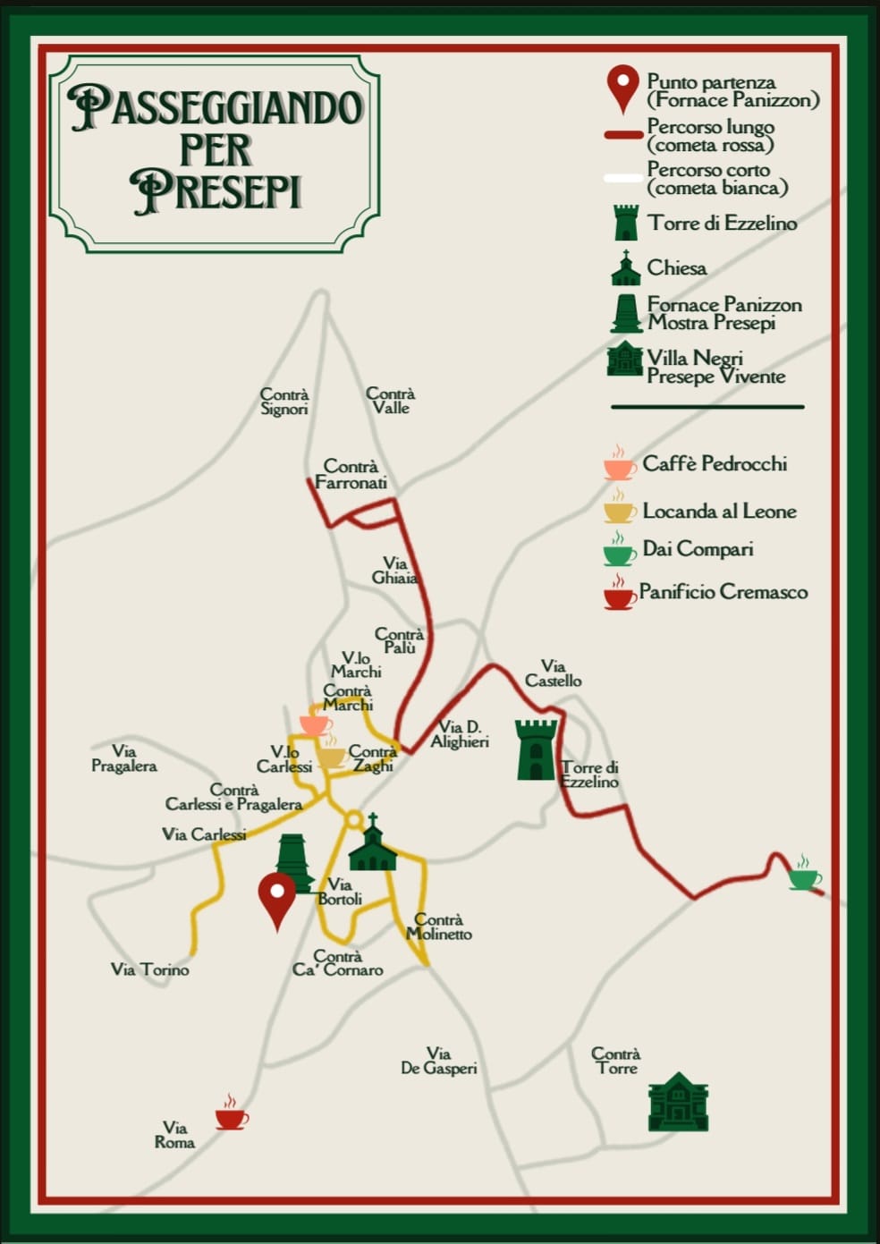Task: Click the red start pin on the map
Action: [277, 897]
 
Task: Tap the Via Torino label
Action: [150, 969]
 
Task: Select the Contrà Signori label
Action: [284, 402]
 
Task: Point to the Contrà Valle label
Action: [391, 401]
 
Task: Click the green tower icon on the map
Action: [536, 749]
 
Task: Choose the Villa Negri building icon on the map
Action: [678, 1102]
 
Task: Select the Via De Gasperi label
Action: [438, 1061]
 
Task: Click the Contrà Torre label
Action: [616, 1061]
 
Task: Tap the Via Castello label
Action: [554, 673]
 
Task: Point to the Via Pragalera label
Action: [124, 758]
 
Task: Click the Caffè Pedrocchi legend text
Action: [715, 463]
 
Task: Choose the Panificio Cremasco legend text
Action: [723, 591]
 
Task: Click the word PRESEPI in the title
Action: [216, 190]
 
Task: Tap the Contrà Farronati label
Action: [351, 475]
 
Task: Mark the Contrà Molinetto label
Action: [439, 927]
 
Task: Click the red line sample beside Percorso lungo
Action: [623, 135]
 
